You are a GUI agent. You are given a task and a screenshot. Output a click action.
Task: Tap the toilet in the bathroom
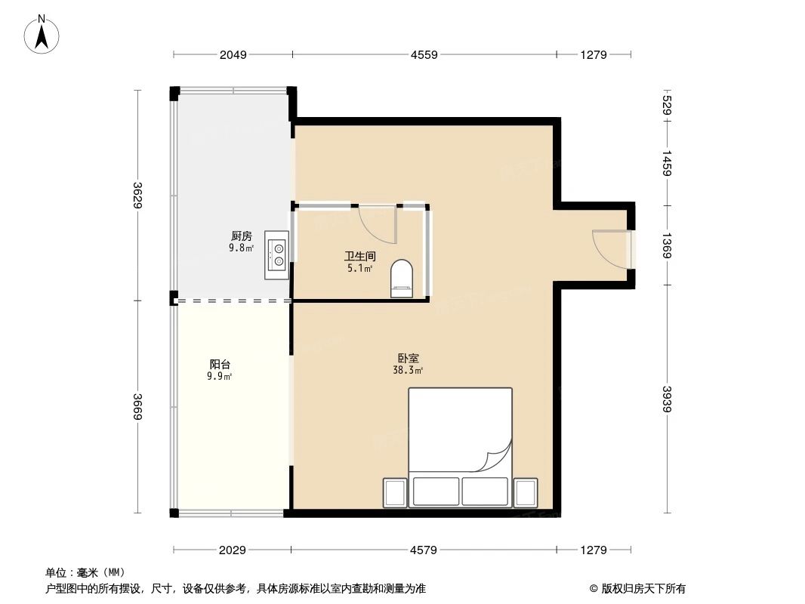coord(402,279)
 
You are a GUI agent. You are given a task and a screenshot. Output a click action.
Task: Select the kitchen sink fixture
coord(278,254)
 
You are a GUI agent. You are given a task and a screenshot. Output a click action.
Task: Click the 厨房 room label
coord(242,235)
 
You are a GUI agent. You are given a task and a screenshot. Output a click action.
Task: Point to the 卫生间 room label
coord(360,257)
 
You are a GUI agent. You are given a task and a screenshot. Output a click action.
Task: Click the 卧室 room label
coord(408,359)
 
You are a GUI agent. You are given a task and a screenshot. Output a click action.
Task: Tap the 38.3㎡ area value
coord(408,370)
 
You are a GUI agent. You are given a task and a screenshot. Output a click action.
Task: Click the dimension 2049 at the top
coord(233,54)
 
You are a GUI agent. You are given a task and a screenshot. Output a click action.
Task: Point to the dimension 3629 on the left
coord(137,195)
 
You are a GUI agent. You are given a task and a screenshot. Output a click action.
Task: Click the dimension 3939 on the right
coord(666,399)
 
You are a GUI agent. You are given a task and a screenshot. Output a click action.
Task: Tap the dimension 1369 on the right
coord(666,245)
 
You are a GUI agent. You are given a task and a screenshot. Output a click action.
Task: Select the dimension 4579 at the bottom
coord(424,550)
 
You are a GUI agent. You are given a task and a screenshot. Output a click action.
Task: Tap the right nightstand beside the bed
coord(525,492)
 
